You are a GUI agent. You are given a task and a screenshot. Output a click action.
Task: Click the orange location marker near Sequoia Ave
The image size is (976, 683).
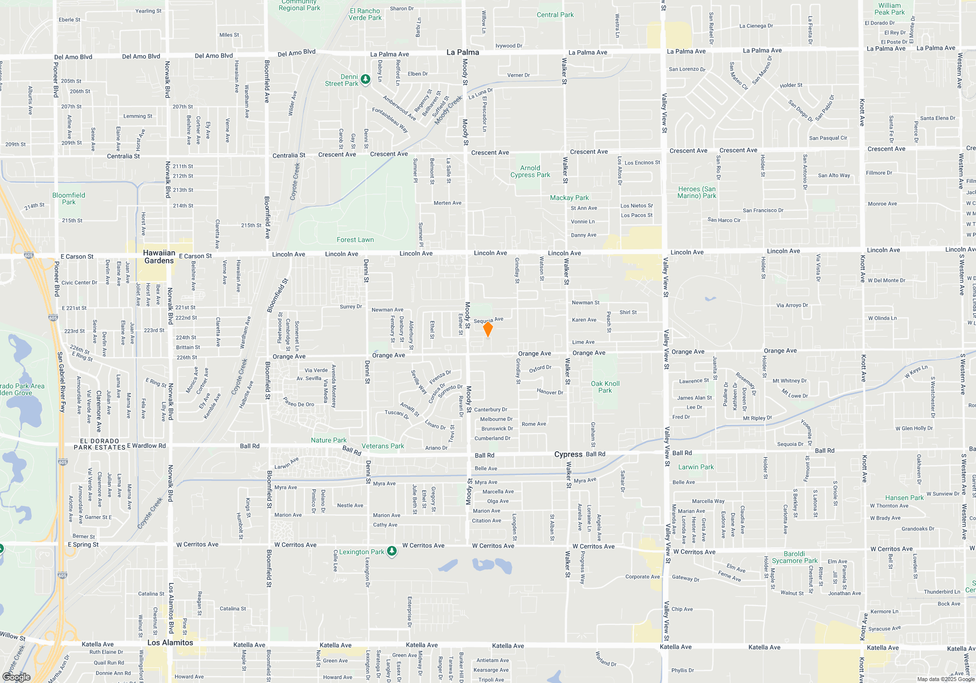(488, 329)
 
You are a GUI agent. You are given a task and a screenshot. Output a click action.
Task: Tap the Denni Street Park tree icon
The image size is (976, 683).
(366, 78)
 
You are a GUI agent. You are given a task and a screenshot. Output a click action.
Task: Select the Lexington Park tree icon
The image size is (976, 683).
(391, 551)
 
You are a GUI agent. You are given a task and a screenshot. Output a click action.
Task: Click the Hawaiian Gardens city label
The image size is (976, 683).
(159, 257)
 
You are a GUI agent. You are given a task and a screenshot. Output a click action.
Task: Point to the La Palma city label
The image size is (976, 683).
(463, 52)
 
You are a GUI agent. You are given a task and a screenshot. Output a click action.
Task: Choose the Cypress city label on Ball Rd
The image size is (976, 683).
(568, 454)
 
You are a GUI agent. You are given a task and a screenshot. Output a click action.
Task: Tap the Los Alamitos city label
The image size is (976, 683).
(170, 643)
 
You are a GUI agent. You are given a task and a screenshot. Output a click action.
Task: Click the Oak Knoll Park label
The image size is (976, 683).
(605, 387)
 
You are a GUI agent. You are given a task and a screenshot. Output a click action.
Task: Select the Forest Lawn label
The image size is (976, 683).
(355, 240)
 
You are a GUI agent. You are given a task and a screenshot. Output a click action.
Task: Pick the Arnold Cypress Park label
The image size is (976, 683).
(530, 171)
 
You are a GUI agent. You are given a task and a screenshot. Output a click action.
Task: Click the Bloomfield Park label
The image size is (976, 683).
(69, 199)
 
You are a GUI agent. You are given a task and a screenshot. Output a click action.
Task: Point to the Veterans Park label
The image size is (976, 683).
(383, 446)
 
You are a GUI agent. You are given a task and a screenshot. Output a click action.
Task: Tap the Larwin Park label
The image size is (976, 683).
(696, 467)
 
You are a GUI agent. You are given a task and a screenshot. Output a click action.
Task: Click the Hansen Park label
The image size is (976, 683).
(904, 498)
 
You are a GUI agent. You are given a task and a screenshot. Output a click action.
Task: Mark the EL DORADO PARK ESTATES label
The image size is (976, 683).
(100, 444)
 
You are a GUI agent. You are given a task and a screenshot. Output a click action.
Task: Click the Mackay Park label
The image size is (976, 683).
(569, 198)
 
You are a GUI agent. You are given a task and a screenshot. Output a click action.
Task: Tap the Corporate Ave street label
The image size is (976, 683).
(642, 577)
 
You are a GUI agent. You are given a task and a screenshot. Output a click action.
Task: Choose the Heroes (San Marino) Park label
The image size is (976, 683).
(697, 192)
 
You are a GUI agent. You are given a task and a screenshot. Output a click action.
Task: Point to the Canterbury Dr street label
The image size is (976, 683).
(490, 409)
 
